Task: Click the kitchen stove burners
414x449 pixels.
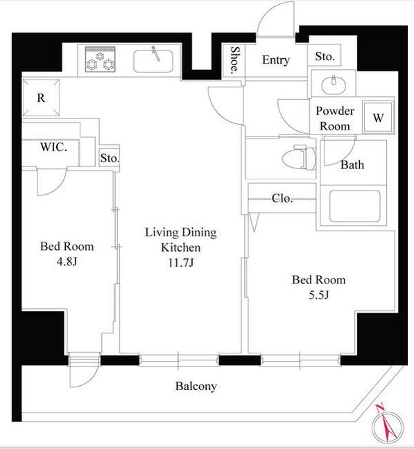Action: (101, 59)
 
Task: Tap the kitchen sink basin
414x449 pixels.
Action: (153, 61)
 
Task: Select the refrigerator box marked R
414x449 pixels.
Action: (41, 98)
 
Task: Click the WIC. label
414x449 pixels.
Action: (53, 147)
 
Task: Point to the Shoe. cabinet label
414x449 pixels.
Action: (234, 60)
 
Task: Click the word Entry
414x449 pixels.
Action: (276, 60)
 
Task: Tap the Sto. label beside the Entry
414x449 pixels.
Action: (325, 56)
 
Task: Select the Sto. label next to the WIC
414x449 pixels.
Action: (110, 158)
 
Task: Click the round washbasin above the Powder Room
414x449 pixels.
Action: (334, 85)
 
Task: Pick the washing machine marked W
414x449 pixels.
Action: (378, 117)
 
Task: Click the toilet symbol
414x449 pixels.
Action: (299, 157)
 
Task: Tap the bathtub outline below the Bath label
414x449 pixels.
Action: (354, 206)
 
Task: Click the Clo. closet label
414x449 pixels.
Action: (282, 198)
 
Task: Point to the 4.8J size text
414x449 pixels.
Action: (67, 262)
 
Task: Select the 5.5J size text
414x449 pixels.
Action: (318, 295)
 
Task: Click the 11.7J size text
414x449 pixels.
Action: (181, 263)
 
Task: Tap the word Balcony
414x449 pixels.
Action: (196, 387)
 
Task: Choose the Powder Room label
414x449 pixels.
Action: (335, 118)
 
